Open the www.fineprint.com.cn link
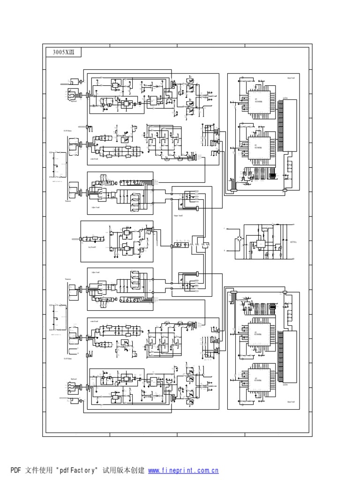pos(183,470)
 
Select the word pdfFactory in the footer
pos(77,470)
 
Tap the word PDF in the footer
pos(16,470)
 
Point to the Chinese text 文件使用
pos(39,470)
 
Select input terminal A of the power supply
pos(225,229)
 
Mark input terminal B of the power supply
pos(225,251)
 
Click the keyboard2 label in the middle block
pos(92,246)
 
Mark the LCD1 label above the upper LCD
pos(285,98)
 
